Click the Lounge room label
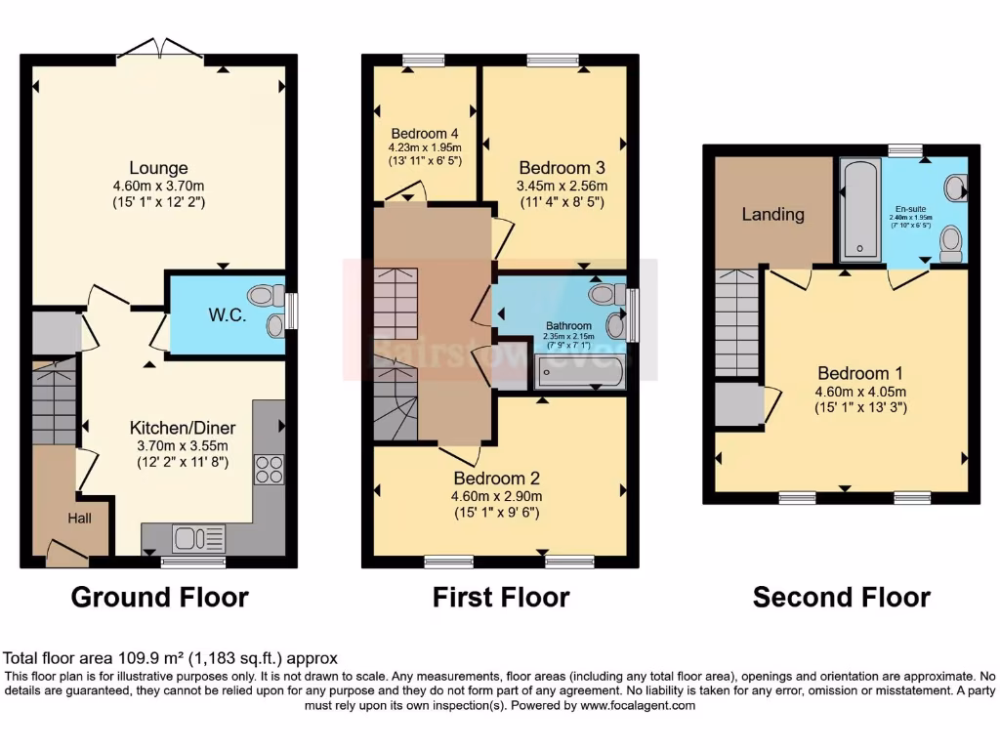click(x=158, y=168)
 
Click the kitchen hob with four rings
click(x=269, y=469)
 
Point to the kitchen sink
click(x=197, y=538)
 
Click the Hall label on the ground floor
click(x=79, y=519)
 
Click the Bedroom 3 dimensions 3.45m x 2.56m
click(x=562, y=186)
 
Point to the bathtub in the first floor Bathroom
click(x=580, y=372)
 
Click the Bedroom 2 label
click(x=496, y=479)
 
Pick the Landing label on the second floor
click(x=772, y=214)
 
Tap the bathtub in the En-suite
click(x=860, y=211)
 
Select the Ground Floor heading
click(x=159, y=597)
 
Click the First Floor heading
click(x=501, y=597)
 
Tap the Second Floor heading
click(x=841, y=597)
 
